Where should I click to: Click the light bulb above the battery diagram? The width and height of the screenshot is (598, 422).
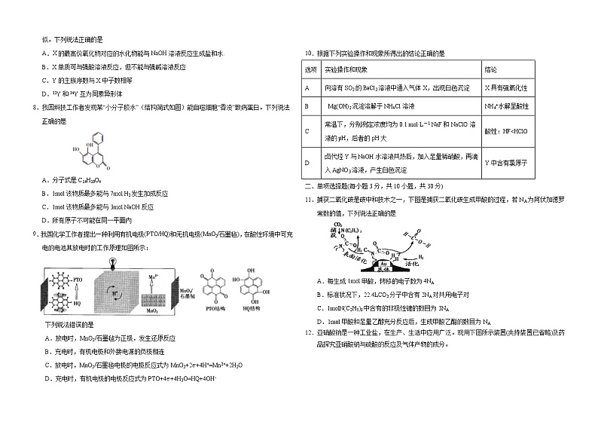pos(112,259)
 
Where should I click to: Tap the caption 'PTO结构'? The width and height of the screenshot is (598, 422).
pos(213,309)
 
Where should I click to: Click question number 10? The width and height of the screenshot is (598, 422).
pos(308,54)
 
